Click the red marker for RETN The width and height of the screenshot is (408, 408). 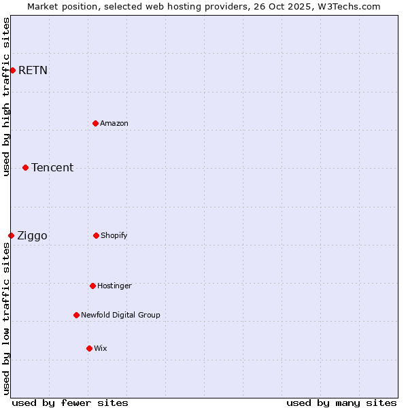tap(12, 70)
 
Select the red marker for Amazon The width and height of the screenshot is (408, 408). tap(95, 123)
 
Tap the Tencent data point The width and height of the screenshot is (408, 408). tap(25, 167)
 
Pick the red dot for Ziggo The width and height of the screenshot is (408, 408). tap(11, 235)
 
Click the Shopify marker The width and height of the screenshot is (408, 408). tap(96, 235)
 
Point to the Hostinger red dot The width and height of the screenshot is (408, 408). tap(92, 286)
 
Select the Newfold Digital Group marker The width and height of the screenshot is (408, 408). tap(76, 315)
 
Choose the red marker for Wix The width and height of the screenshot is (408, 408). tap(89, 348)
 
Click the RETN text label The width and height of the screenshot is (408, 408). tap(33, 70)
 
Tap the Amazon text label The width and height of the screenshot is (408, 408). tap(114, 123)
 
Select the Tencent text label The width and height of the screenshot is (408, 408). tap(52, 167)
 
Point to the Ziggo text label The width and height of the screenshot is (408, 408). tap(32, 236)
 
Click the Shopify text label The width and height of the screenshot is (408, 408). tap(114, 235)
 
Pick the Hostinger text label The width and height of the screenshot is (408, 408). tap(114, 286)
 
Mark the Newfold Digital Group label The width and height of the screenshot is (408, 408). tap(120, 315)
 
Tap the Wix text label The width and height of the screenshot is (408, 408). tap(101, 348)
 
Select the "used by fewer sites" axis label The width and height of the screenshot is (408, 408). tap(70, 403)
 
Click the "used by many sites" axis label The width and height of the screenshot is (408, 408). tap(341, 403)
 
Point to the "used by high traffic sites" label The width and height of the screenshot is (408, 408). tap(6, 97)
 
